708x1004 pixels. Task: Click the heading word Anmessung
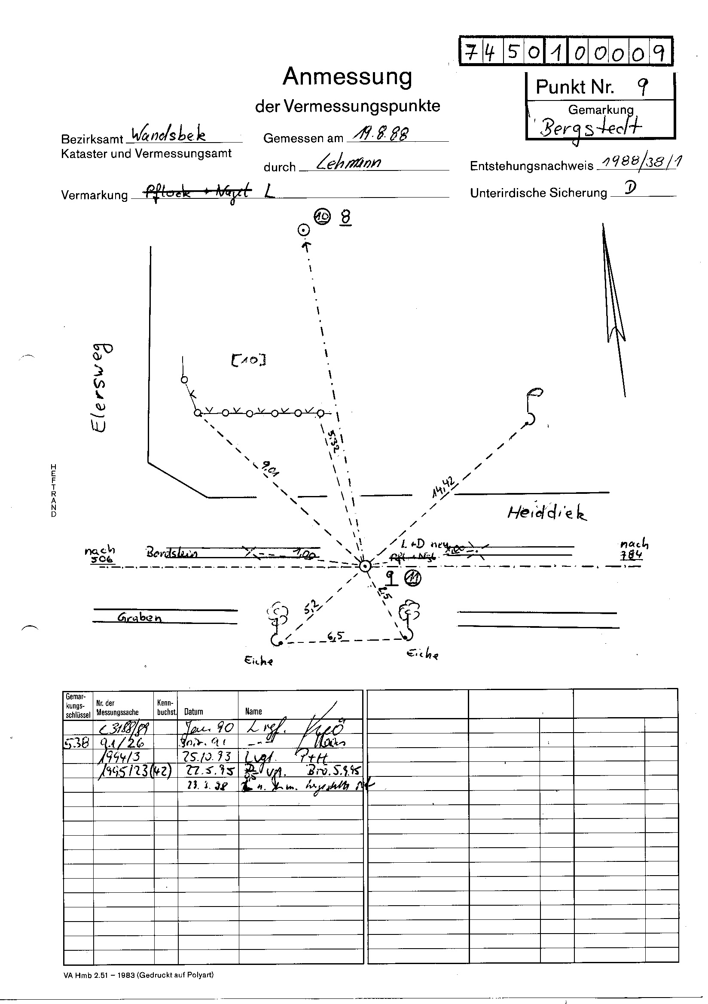(x=348, y=77)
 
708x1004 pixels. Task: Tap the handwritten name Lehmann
(x=348, y=163)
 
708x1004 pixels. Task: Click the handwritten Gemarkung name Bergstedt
(x=591, y=128)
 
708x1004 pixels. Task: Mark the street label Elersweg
(x=102, y=387)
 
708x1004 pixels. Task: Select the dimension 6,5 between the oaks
(x=336, y=637)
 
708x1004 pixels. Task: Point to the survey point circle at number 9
(x=364, y=566)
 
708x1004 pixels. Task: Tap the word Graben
(x=140, y=618)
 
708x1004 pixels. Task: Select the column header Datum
(x=193, y=712)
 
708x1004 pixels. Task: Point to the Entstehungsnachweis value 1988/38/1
(x=641, y=163)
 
